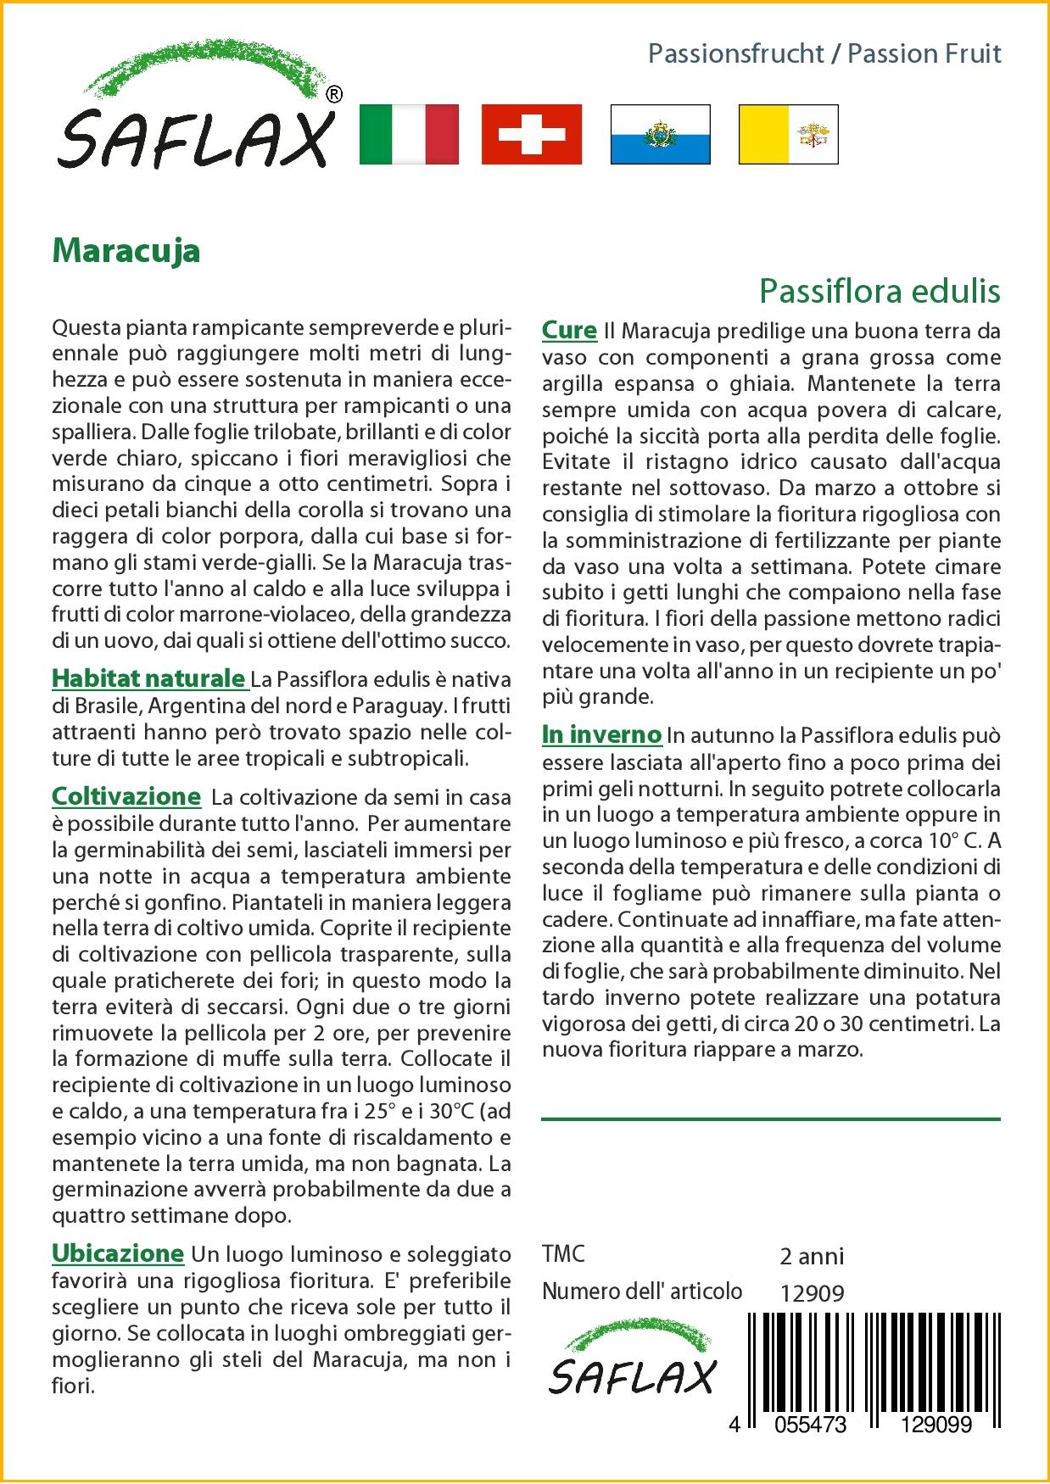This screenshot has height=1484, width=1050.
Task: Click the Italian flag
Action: (x=409, y=134)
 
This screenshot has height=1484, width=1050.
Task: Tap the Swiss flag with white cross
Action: (x=532, y=134)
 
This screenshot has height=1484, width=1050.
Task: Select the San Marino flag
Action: (x=660, y=134)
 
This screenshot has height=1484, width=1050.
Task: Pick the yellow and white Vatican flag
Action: (x=788, y=134)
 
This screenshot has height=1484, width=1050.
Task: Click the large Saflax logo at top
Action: (x=195, y=114)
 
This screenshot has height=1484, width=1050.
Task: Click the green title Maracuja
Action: (x=126, y=250)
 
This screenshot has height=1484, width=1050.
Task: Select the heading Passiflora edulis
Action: (x=880, y=291)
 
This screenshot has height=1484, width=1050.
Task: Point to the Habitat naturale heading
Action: (x=148, y=678)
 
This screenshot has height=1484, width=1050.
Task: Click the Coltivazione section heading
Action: (x=126, y=796)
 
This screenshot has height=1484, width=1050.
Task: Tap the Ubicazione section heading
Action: (x=118, y=1253)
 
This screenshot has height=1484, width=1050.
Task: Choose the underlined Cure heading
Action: (x=569, y=330)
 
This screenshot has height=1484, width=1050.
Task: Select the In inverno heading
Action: (x=601, y=734)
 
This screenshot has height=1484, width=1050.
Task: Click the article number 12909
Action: (x=812, y=1293)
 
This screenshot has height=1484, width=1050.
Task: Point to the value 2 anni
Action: (x=811, y=1256)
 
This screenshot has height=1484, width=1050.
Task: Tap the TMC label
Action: (x=563, y=1254)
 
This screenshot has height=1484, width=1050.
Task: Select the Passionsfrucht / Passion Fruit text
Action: (x=824, y=54)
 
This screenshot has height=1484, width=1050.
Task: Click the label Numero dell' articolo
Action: (x=642, y=1292)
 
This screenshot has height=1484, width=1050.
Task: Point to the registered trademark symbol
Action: (x=334, y=95)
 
